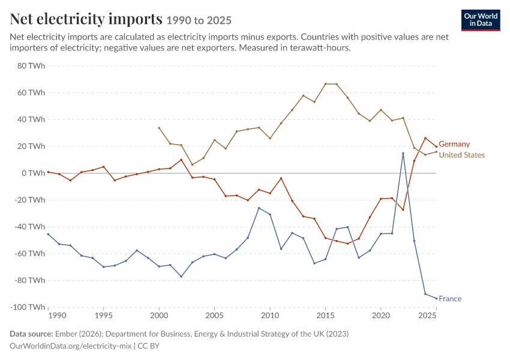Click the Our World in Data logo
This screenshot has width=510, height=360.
pyautogui.click(x=481, y=20)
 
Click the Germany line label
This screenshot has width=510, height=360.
pyautogui.click(x=454, y=144)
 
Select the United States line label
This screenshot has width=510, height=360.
pyautogui.click(x=462, y=155)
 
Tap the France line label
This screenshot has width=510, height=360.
pyautogui.click(x=450, y=299)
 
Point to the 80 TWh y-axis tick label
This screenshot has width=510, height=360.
pyautogui.click(x=31, y=66)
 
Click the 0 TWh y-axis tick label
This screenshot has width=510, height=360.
pyautogui.click(x=34, y=173)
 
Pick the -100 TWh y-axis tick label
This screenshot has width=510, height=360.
pyautogui.click(x=28, y=307)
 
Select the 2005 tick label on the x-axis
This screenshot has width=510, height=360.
pyautogui.click(x=214, y=316)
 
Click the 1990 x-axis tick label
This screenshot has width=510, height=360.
pyautogui.click(x=57, y=316)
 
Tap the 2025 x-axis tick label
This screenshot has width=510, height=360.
pyautogui.click(x=427, y=316)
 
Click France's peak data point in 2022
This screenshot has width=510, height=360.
pyautogui.click(x=403, y=153)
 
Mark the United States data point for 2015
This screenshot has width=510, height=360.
pyautogui.click(x=325, y=84)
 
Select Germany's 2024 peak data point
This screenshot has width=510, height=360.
pyautogui.click(x=425, y=138)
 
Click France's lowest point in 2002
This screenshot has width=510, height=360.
pyautogui.click(x=181, y=277)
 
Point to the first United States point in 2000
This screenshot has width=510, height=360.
pyautogui.click(x=159, y=128)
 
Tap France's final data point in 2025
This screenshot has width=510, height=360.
pyautogui.click(x=436, y=298)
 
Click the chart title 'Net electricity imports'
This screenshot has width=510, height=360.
pyautogui.click(x=86, y=19)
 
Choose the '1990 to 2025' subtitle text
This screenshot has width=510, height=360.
pyautogui.click(x=199, y=20)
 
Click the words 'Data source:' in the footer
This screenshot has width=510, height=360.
pyautogui.click(x=31, y=334)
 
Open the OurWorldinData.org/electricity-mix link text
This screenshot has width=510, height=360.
pyautogui.click(x=71, y=346)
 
